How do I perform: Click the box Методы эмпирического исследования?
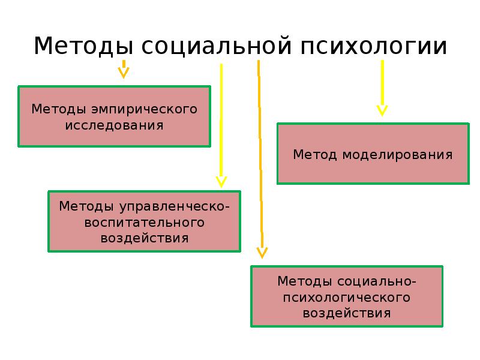click(x=114, y=116)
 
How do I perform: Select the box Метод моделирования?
click(x=373, y=154)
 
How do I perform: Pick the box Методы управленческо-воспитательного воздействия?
click(x=144, y=221)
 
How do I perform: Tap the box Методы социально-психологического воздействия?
click(x=347, y=296)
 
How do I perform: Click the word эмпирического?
click(x=145, y=110)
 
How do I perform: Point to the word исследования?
click(x=115, y=125)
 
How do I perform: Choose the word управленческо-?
click(x=175, y=206)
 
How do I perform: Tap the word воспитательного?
click(x=145, y=223)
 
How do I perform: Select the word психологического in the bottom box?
click(x=347, y=297)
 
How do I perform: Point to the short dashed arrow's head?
click(x=124, y=73)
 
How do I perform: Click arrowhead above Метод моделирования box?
click(x=382, y=110)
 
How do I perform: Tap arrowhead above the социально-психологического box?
click(x=262, y=253)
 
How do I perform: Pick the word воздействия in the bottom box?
click(x=347, y=313)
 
